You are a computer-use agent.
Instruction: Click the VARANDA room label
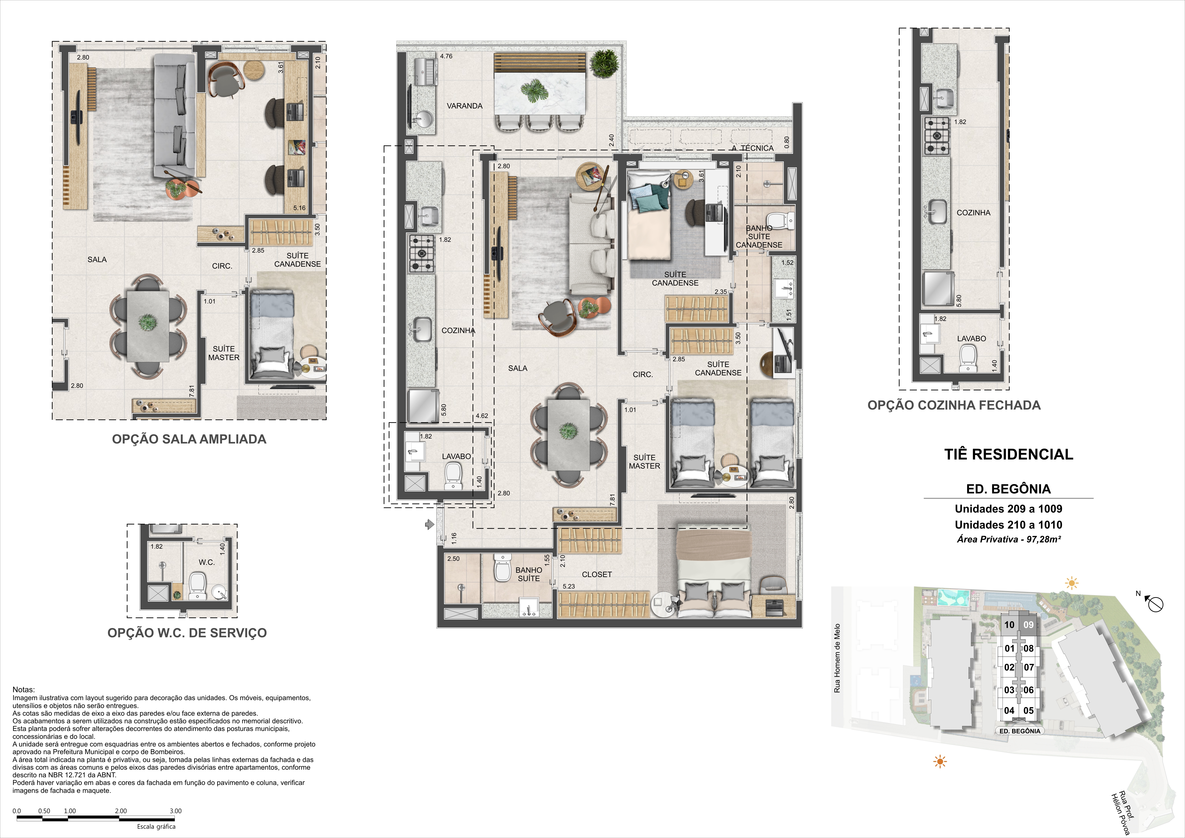coord(464,106)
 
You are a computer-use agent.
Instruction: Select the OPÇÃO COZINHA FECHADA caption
coord(954,405)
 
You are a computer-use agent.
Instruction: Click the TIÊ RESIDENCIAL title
coord(1008,454)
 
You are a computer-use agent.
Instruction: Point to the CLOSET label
coord(597,574)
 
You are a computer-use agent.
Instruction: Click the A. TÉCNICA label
coord(753,148)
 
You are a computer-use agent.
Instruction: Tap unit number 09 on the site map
coord(1029,625)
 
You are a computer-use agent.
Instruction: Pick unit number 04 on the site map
coord(1009,710)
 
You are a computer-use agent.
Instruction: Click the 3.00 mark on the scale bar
coord(175,811)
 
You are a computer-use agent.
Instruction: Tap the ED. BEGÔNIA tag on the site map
coord(1019,731)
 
